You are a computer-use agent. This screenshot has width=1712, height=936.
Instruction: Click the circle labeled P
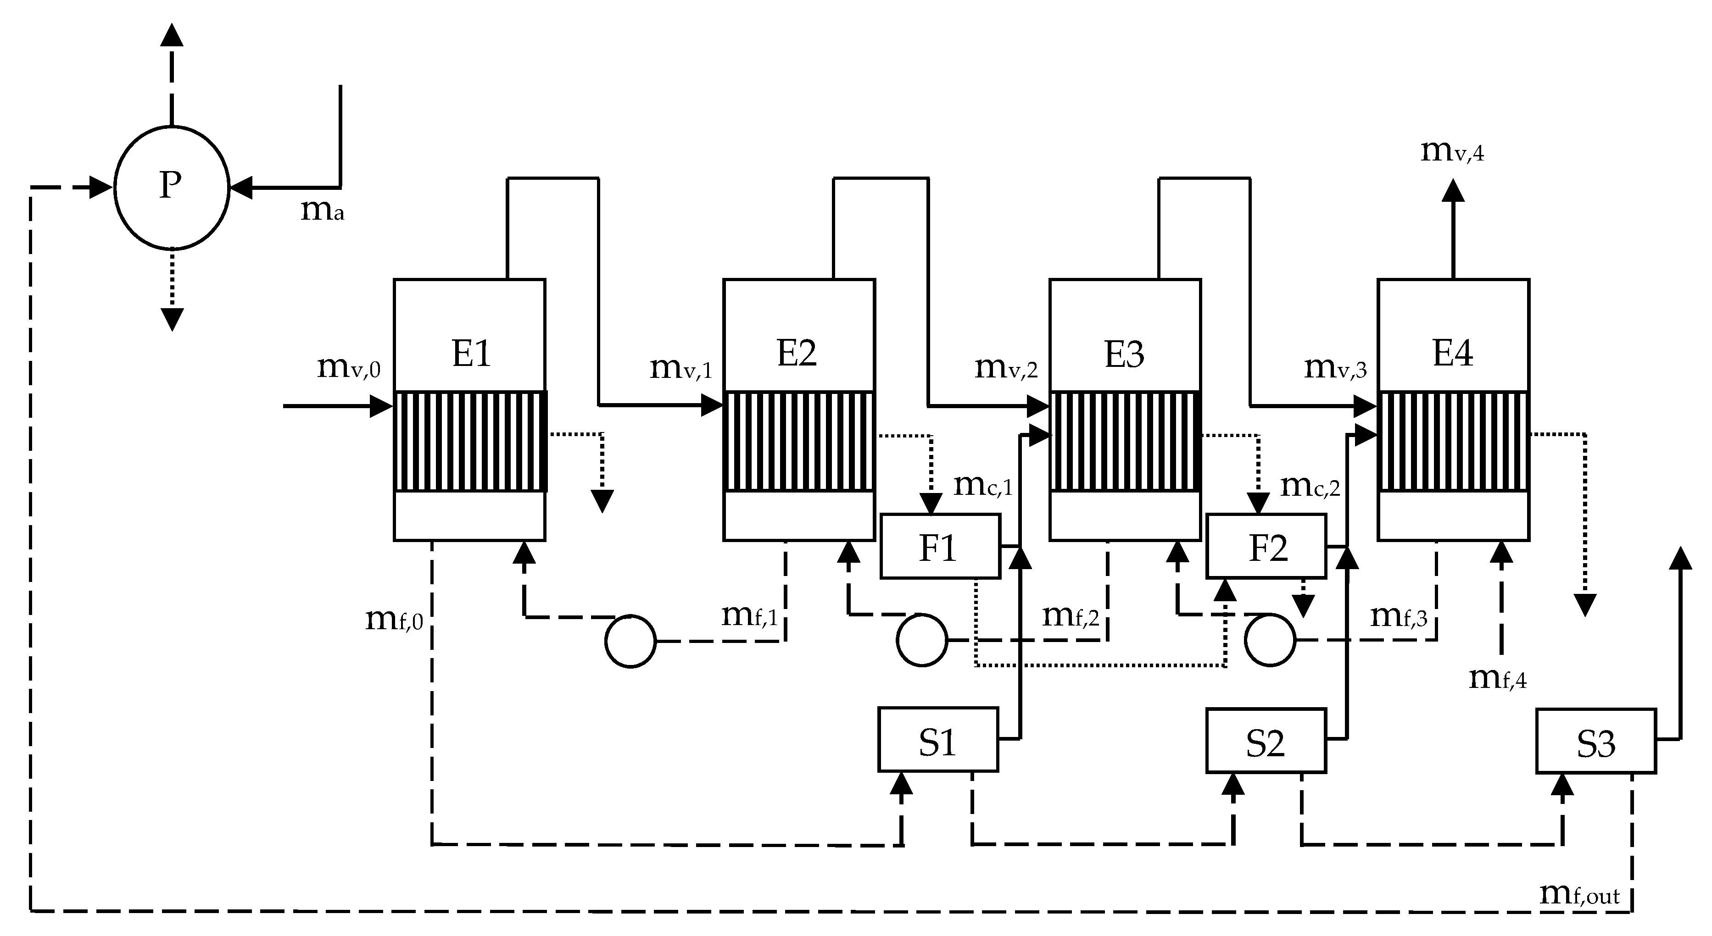pyautogui.click(x=172, y=187)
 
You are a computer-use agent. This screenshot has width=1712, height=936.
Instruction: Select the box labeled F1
pyautogui.click(x=940, y=546)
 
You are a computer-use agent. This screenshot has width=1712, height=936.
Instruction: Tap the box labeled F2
pyautogui.click(x=1266, y=546)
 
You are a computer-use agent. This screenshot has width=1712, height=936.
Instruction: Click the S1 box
pyautogui.click(x=938, y=739)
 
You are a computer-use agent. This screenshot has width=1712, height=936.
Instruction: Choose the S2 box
pyautogui.click(x=1266, y=741)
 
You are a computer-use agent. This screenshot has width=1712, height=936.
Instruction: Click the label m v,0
pyautogui.click(x=348, y=367)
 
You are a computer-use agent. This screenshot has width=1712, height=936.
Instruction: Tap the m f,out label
pyautogui.click(x=1579, y=894)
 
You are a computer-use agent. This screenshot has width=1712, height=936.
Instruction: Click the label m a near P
pyautogui.click(x=322, y=210)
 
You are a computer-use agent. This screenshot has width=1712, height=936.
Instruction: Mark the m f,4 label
pyautogui.click(x=1497, y=678)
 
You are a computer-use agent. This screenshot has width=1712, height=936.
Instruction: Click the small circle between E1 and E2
pyautogui.click(x=630, y=641)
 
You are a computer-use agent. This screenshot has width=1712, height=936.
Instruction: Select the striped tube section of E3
pyautogui.click(x=1125, y=442)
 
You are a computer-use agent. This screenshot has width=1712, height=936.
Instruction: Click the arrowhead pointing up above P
pyautogui.click(x=172, y=34)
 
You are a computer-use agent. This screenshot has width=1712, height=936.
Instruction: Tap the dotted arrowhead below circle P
pyautogui.click(x=172, y=319)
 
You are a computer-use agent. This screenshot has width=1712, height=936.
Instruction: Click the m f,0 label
pyautogui.click(x=393, y=620)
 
